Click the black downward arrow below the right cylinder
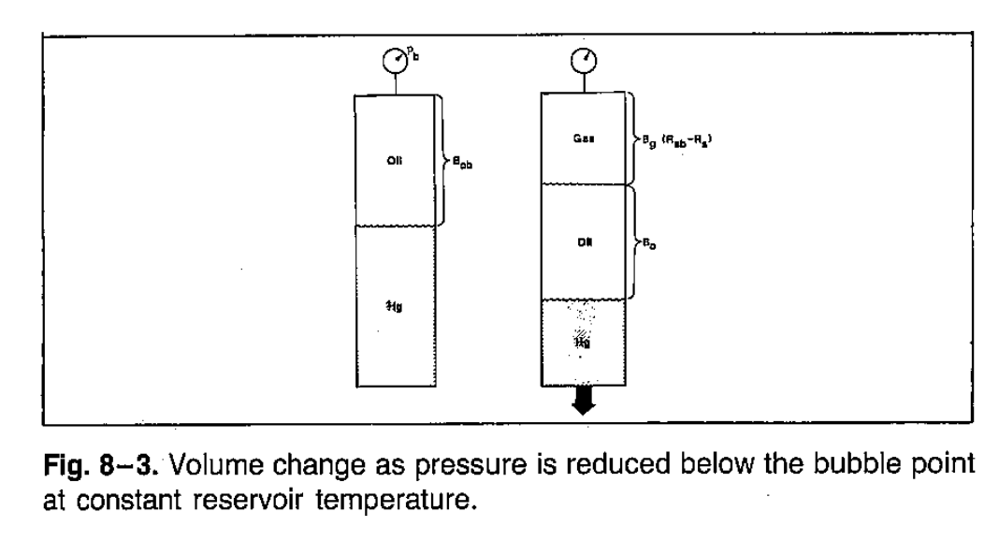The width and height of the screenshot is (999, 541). [583, 402]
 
